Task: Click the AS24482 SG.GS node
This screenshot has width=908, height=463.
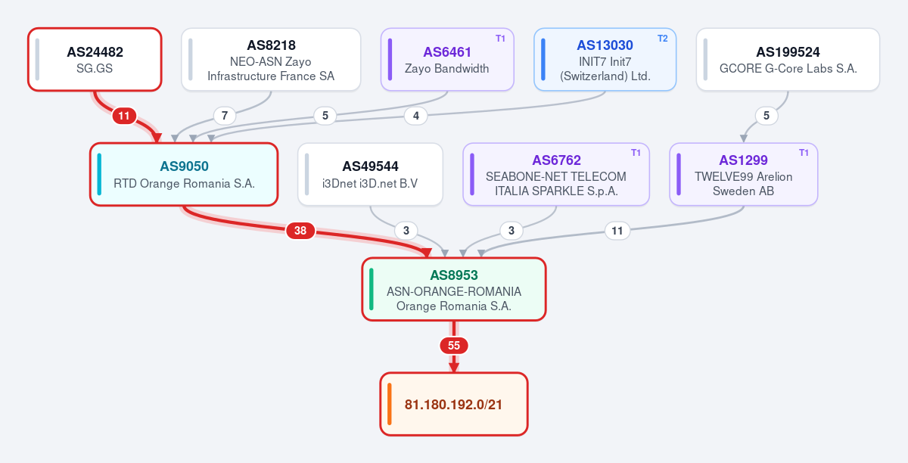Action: (x=95, y=60)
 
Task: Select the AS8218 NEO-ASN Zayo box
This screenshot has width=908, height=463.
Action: (x=271, y=60)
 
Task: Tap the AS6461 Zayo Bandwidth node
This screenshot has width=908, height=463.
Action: (x=447, y=60)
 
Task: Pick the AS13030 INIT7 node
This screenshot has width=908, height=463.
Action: (x=605, y=60)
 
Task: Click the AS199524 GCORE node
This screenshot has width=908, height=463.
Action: (x=788, y=60)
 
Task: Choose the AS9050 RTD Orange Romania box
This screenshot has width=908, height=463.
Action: (x=184, y=174)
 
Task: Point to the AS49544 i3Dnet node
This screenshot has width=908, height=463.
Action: (x=370, y=174)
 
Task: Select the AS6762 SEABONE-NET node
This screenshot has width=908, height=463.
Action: (x=556, y=174)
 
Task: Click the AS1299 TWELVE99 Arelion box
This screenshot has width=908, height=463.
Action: (x=743, y=174)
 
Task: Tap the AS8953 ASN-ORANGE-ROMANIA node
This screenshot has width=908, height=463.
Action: (x=454, y=289)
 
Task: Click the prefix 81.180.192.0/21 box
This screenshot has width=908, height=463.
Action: (x=454, y=404)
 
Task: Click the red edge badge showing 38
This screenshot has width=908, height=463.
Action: (x=300, y=231)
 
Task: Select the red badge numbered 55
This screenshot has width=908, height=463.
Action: (x=454, y=346)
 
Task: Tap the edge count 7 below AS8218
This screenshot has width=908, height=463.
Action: (x=225, y=116)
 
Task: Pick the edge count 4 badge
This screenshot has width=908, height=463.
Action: (x=416, y=116)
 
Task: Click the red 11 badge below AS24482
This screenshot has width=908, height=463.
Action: (x=124, y=116)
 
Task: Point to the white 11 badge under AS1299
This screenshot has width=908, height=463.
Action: (x=617, y=231)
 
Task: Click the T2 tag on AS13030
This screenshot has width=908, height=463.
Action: (x=662, y=39)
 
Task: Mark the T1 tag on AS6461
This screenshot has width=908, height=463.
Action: (x=500, y=39)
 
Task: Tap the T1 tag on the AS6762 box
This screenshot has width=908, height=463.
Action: (x=636, y=153)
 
